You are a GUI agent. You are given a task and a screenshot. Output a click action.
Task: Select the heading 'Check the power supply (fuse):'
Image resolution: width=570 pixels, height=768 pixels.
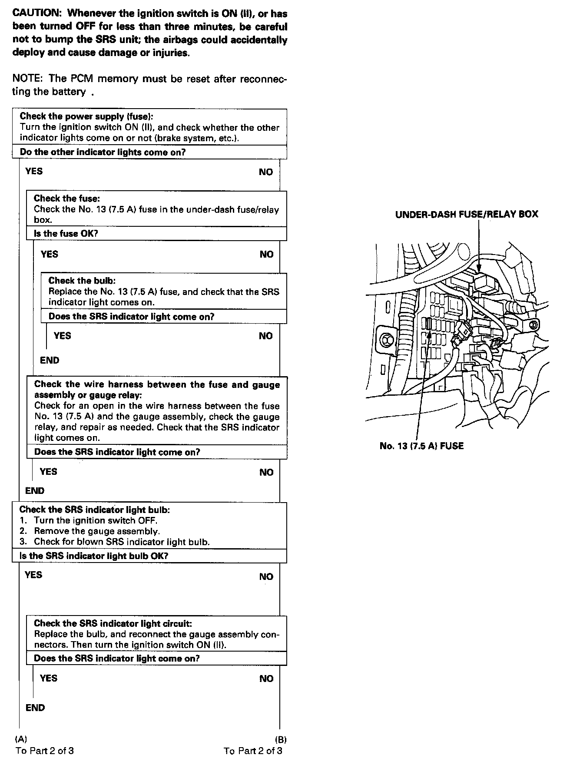(86, 116)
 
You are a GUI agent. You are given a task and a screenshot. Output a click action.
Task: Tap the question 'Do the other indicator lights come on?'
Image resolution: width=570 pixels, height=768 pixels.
(103, 152)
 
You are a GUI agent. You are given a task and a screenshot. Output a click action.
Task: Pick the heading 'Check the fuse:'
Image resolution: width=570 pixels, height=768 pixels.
(67, 199)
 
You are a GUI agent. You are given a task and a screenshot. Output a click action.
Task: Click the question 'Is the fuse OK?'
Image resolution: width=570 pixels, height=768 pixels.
(66, 234)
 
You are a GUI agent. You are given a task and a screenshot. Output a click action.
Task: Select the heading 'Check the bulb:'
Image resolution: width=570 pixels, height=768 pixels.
(82, 281)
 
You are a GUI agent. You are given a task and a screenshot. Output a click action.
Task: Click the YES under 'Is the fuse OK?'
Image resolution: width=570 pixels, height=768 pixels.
(49, 254)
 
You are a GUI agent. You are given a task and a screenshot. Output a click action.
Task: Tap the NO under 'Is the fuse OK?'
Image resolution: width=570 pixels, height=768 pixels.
(266, 255)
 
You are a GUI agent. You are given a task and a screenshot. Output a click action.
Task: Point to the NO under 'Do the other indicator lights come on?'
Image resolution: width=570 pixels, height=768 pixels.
(265, 172)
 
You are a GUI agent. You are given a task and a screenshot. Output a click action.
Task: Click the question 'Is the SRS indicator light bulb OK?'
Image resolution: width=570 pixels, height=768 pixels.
(94, 556)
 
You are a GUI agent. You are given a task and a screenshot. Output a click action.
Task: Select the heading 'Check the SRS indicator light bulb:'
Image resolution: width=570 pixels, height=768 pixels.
(95, 510)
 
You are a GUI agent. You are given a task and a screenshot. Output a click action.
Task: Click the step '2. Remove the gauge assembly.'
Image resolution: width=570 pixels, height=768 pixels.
(96, 531)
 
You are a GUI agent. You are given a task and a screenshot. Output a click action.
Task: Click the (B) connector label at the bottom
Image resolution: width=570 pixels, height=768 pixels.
(281, 739)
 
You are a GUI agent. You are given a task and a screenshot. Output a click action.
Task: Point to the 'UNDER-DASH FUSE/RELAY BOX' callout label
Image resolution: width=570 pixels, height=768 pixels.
(467, 214)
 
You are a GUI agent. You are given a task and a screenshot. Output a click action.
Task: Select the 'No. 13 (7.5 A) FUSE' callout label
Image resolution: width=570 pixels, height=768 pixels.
(421, 446)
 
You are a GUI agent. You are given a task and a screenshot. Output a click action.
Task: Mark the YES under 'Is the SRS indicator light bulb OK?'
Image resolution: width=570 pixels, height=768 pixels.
(33, 575)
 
